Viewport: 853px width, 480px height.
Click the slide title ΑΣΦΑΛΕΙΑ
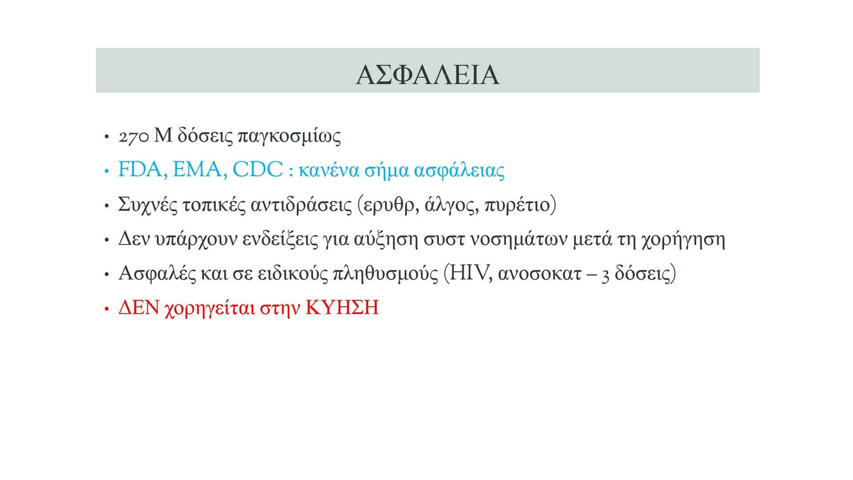pos(427,75)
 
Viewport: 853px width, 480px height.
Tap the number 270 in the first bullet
pos(133,137)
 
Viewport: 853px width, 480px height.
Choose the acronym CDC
pos(258,169)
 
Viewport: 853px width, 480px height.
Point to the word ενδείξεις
pos(280,240)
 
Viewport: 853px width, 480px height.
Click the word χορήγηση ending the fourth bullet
pos(683,240)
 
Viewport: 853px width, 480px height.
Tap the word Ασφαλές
pos(157,274)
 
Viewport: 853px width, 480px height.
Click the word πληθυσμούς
pos(385,274)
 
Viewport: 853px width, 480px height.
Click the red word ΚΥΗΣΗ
pos(342,308)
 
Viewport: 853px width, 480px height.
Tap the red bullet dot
pos(106,309)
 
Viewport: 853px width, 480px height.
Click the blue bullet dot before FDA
pos(106,171)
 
